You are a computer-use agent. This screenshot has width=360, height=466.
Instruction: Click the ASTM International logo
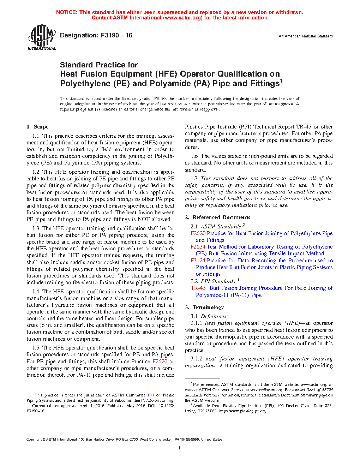click(42, 37)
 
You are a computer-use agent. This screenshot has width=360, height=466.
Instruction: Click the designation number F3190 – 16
click(116, 35)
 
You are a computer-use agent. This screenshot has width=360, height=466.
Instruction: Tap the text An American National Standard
click(305, 36)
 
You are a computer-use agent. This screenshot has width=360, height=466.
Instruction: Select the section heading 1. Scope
click(37, 127)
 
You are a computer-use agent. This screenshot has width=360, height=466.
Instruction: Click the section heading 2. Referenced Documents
click(218, 217)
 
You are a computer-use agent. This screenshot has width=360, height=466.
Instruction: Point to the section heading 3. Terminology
click(204, 307)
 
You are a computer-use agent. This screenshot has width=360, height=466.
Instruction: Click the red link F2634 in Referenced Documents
click(198, 247)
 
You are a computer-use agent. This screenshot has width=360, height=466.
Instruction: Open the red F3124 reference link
click(198, 261)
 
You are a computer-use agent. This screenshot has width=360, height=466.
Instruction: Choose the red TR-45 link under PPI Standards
click(198, 288)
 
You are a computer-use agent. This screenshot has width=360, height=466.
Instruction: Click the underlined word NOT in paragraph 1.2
click(144, 219)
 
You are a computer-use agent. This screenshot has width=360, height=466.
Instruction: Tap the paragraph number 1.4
click(36, 292)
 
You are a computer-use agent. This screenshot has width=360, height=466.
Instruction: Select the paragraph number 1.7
click(194, 178)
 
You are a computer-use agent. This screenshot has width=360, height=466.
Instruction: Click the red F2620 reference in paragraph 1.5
click(160, 362)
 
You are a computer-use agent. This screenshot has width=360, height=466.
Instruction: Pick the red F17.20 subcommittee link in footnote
click(147, 400)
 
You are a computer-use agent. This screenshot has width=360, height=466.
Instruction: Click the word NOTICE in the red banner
click(67, 12)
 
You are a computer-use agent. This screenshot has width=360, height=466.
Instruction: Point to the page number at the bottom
click(180, 448)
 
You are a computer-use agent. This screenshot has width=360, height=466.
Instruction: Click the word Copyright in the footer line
click(34, 440)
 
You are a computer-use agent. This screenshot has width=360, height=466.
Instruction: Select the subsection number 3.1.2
click(197, 359)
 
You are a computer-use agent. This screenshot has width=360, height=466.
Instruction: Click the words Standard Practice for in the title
click(99, 65)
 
